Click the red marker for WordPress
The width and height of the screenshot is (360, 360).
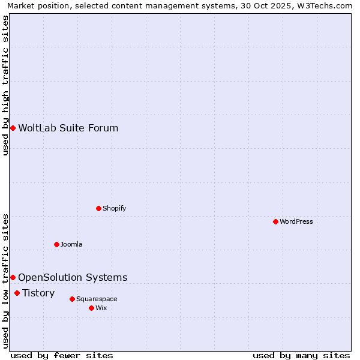point(275,221)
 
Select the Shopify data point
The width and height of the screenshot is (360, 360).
point(98,208)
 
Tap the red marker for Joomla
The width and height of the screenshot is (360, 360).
point(56,244)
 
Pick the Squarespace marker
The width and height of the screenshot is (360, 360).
point(72,299)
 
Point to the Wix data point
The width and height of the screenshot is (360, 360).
point(91,308)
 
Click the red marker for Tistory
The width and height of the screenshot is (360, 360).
point(17,293)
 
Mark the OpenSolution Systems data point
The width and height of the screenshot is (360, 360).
point(13,277)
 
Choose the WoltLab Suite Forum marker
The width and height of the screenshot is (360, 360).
point(13,128)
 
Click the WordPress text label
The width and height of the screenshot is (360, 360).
point(296,221)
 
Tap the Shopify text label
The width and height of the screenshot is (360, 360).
point(115,208)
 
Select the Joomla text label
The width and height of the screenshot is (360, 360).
point(71,244)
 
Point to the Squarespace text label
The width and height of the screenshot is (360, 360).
point(97,299)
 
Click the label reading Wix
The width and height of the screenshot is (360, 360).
point(101,308)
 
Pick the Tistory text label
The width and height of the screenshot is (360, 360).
point(38,293)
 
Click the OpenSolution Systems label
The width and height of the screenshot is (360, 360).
point(73,277)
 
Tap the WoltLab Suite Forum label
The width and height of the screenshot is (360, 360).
point(68,128)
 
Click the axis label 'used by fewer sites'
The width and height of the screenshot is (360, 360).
point(62,355)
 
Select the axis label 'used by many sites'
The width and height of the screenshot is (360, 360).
point(301,355)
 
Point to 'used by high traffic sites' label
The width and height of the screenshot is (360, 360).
point(6,85)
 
